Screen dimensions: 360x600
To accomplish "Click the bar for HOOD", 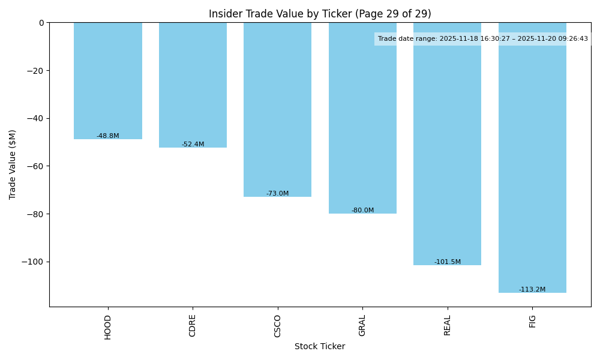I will [x=108, y=80].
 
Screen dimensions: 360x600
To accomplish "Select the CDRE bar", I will [x=193, y=85].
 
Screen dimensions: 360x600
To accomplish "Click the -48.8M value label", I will [x=108, y=136].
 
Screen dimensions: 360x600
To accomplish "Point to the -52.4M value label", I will [x=193, y=145].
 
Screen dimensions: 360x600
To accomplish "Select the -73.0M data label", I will [x=277, y=194].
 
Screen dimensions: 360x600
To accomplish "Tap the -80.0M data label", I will [x=362, y=211].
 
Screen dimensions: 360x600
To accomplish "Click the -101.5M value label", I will [x=448, y=262].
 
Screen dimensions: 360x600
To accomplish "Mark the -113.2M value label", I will [x=532, y=290].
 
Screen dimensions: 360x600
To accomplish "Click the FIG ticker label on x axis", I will [x=532, y=321].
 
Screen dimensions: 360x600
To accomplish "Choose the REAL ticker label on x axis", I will [x=448, y=325].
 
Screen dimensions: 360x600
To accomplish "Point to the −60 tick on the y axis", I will [x=35, y=166].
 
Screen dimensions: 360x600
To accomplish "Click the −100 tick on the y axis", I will [x=33, y=262].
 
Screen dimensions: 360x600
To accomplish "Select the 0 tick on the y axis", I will [x=41, y=23].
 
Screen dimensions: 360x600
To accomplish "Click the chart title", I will [x=320, y=14].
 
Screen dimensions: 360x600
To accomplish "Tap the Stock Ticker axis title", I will [x=320, y=346].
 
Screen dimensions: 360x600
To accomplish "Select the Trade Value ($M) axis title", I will [x=13, y=164].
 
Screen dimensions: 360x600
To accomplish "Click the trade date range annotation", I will [x=483, y=39].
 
